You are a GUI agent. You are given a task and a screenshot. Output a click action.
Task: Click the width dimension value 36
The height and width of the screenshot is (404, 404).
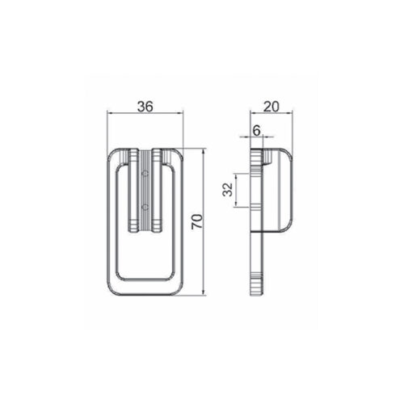(x=145, y=107)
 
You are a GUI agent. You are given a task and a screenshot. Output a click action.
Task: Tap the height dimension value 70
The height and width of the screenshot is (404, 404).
(x=197, y=221)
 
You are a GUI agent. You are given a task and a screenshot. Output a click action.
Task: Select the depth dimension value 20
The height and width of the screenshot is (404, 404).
(x=271, y=107)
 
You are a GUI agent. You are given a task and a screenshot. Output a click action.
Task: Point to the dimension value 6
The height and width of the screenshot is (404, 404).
(x=257, y=131)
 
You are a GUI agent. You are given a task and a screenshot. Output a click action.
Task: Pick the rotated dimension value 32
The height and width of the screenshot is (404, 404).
(x=228, y=190)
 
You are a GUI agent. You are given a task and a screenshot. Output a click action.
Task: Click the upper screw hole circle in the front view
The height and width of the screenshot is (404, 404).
(x=145, y=174)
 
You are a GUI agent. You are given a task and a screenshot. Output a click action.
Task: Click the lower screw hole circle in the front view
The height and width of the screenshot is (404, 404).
(x=145, y=207)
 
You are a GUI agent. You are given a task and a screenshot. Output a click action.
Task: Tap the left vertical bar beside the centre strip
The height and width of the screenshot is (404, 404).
(x=133, y=190)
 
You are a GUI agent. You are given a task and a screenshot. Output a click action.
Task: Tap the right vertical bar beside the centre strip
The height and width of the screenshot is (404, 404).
(x=157, y=190)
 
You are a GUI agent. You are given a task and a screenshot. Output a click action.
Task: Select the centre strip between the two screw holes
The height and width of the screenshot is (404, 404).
(x=145, y=190)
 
